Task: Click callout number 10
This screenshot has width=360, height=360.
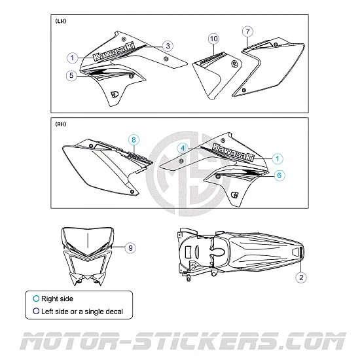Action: click(x=214, y=39)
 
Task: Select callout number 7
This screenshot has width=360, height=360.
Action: click(x=247, y=31)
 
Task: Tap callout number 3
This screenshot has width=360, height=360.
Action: click(x=168, y=46)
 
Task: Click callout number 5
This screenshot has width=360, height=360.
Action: click(x=71, y=75)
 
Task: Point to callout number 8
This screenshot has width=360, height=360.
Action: click(x=134, y=140)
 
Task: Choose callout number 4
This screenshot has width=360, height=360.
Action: click(x=183, y=149)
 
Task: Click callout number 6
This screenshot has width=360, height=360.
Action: click(x=279, y=175)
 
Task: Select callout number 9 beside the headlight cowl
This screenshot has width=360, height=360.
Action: click(x=130, y=248)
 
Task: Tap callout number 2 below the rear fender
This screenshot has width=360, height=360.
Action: click(x=301, y=278)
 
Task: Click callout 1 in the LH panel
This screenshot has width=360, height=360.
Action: click(x=73, y=58)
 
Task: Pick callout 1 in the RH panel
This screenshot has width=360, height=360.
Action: click(x=278, y=158)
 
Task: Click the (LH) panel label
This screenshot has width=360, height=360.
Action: click(x=61, y=21)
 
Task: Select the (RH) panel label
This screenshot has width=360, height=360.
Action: click(x=61, y=124)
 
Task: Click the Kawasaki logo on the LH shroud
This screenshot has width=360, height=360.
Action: click(x=114, y=52)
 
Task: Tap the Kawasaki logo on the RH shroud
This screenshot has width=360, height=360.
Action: click(x=233, y=153)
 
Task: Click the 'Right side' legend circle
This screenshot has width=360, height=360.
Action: click(x=36, y=298)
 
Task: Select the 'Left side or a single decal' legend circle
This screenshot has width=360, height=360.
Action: click(x=36, y=311)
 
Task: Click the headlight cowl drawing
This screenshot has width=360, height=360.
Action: click(x=87, y=256)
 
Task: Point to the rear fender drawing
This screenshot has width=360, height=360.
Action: click(x=241, y=254)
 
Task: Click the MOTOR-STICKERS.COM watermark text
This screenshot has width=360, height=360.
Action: click(x=183, y=341)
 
